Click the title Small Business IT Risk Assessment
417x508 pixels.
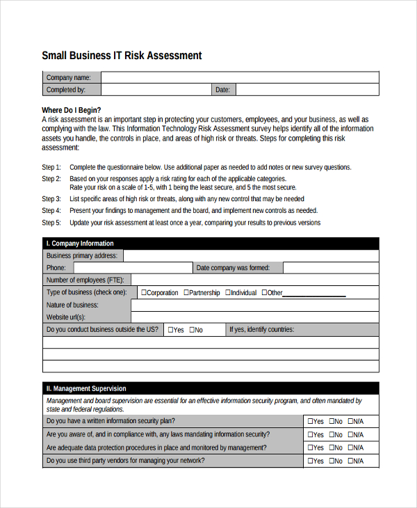(122, 56)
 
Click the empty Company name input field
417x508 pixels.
(240, 77)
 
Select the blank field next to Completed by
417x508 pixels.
(156, 90)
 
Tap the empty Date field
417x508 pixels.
(307, 90)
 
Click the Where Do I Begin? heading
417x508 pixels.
(71, 110)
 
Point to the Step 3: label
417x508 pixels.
(51, 199)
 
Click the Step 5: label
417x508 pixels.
(51, 223)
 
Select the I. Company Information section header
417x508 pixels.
(79, 244)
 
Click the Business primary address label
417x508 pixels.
(82, 256)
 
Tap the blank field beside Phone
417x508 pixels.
(131, 268)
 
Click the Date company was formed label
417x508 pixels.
(233, 268)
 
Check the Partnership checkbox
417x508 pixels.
(186, 293)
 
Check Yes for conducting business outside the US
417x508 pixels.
(170, 330)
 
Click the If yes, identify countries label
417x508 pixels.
(261, 330)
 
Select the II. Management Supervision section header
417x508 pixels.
(86, 388)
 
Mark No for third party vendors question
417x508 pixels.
(332, 461)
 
